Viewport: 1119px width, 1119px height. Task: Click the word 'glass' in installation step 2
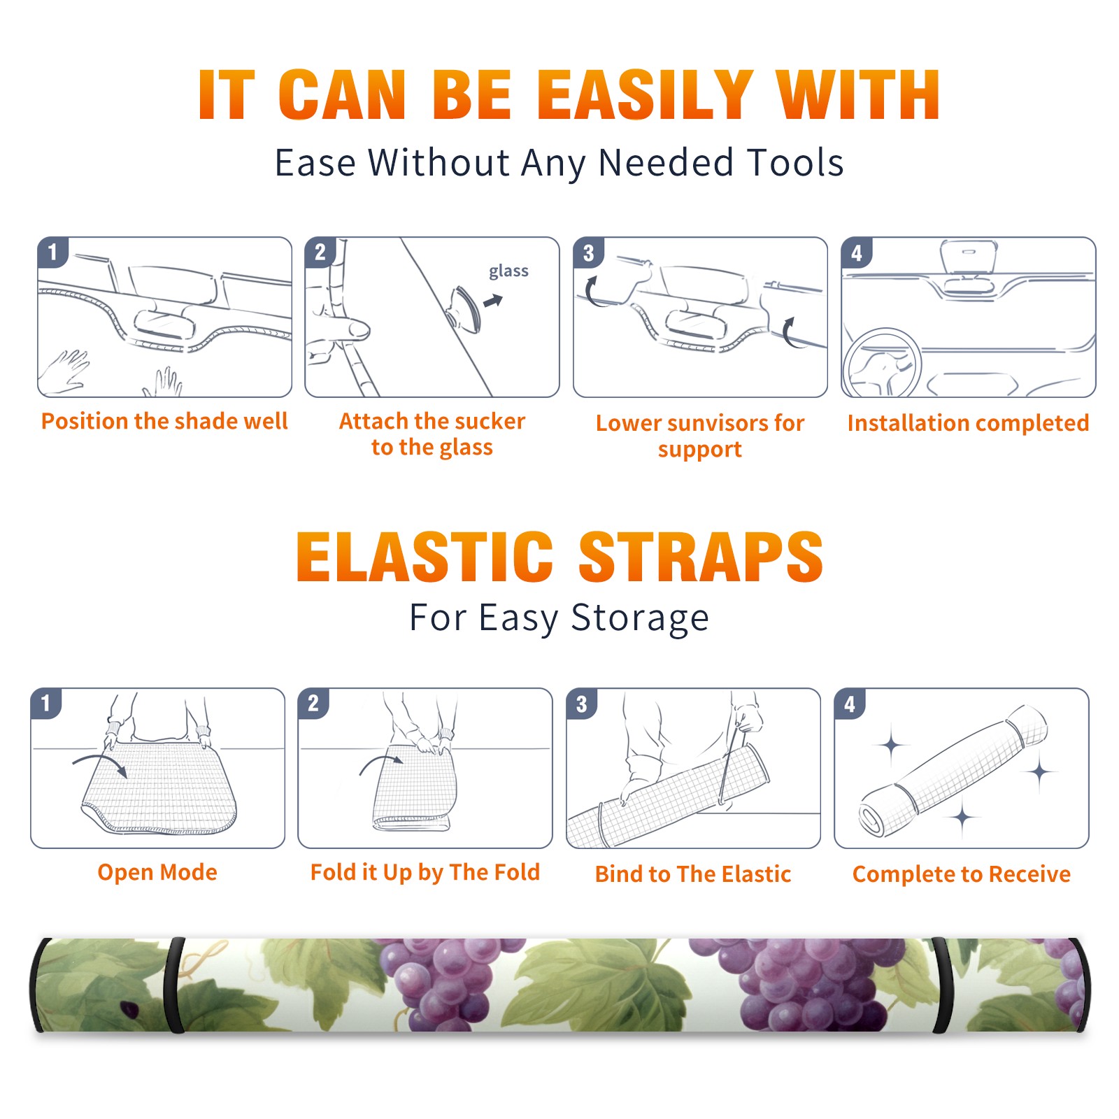(508, 271)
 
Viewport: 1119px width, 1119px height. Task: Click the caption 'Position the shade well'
(164, 421)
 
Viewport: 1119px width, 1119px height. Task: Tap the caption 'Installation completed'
(968, 422)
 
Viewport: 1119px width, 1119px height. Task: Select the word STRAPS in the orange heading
(701, 557)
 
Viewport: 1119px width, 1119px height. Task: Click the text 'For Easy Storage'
(559, 618)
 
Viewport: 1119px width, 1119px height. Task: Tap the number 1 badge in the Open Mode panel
(47, 703)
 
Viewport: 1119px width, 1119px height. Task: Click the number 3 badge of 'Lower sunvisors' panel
(589, 252)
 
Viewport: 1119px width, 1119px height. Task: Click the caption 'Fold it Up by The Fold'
(425, 872)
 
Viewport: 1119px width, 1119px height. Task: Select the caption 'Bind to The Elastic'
(693, 874)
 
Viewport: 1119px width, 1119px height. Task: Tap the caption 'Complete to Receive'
(962, 874)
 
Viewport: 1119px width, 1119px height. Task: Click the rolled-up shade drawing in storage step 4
(953, 769)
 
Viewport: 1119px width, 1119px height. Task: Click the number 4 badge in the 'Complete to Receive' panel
(850, 704)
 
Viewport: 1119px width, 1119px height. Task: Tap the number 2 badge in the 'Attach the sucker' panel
(320, 252)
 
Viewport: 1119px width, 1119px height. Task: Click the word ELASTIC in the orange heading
(425, 557)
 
